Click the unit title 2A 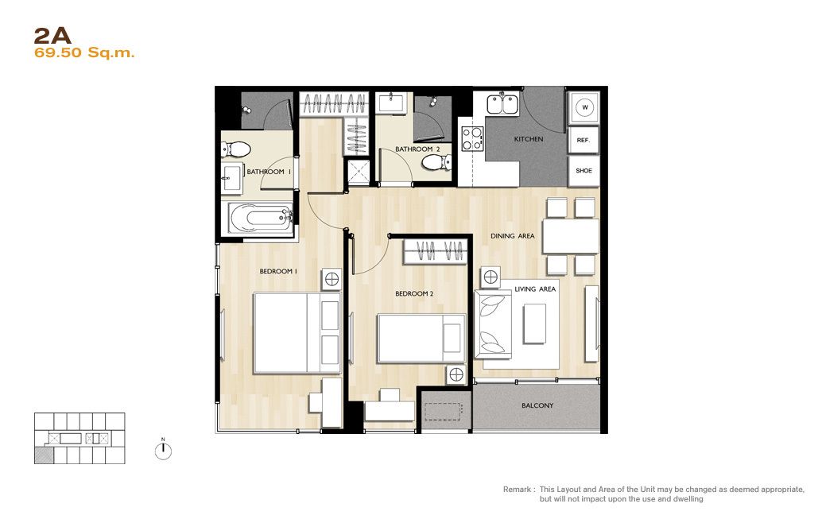click(52, 36)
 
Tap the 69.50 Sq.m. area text click(84, 52)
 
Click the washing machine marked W click(584, 107)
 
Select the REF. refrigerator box click(584, 140)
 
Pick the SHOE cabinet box click(584, 171)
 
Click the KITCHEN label click(529, 139)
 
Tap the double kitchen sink click(502, 104)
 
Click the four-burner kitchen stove click(472, 139)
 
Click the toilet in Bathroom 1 click(235, 149)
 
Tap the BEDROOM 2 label click(414, 293)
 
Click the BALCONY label click(537, 405)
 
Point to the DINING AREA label click(513, 236)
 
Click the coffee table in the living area click(535, 324)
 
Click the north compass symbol click(164, 450)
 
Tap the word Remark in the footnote click(517, 489)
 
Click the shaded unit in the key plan click(44, 455)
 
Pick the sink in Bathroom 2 click(391, 103)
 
